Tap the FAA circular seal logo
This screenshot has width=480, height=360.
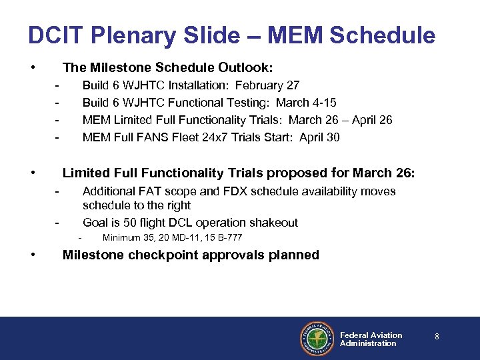(x=317, y=339)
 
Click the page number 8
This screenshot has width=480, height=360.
(x=437, y=337)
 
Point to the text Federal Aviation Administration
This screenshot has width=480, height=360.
(x=371, y=339)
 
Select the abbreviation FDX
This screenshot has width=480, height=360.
(x=234, y=191)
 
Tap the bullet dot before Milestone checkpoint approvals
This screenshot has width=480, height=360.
(x=32, y=255)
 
